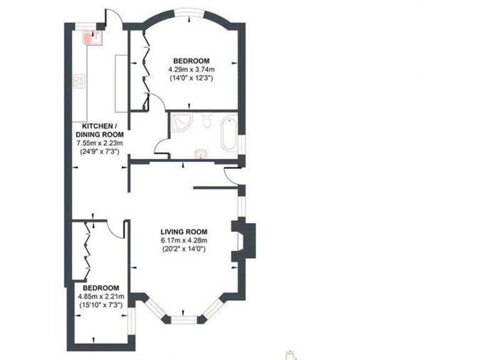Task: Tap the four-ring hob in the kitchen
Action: pos(79,81)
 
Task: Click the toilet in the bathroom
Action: pos(207,120)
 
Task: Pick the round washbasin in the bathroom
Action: pos(201,152)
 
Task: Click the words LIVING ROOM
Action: pos(182,232)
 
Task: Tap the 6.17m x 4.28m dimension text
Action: pos(183,241)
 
